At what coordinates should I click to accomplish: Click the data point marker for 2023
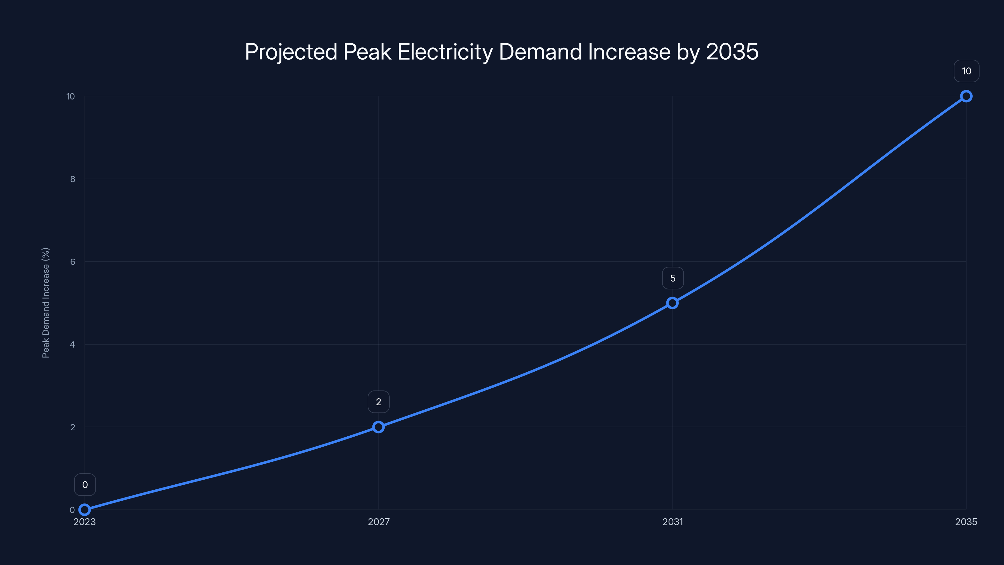(85, 510)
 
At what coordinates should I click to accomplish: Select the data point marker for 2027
(378, 427)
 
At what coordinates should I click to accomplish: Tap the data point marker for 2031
(672, 303)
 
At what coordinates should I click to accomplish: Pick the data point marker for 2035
(966, 96)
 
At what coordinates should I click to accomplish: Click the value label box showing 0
(85, 485)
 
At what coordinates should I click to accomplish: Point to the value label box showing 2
(378, 402)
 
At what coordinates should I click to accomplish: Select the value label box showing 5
(673, 278)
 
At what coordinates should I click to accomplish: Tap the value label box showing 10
(966, 71)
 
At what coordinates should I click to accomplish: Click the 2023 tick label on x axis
(85, 522)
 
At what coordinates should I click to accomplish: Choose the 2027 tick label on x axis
(378, 522)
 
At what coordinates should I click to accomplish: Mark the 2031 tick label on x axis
(673, 522)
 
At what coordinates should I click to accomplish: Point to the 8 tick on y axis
(72, 179)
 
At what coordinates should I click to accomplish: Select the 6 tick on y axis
(72, 262)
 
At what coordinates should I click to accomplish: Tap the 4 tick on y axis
(72, 345)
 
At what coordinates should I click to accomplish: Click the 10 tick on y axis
(71, 96)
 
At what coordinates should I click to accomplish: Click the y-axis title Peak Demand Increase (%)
(45, 303)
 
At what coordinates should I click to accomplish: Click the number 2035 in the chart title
(732, 52)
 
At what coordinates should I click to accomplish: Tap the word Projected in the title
(291, 52)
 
